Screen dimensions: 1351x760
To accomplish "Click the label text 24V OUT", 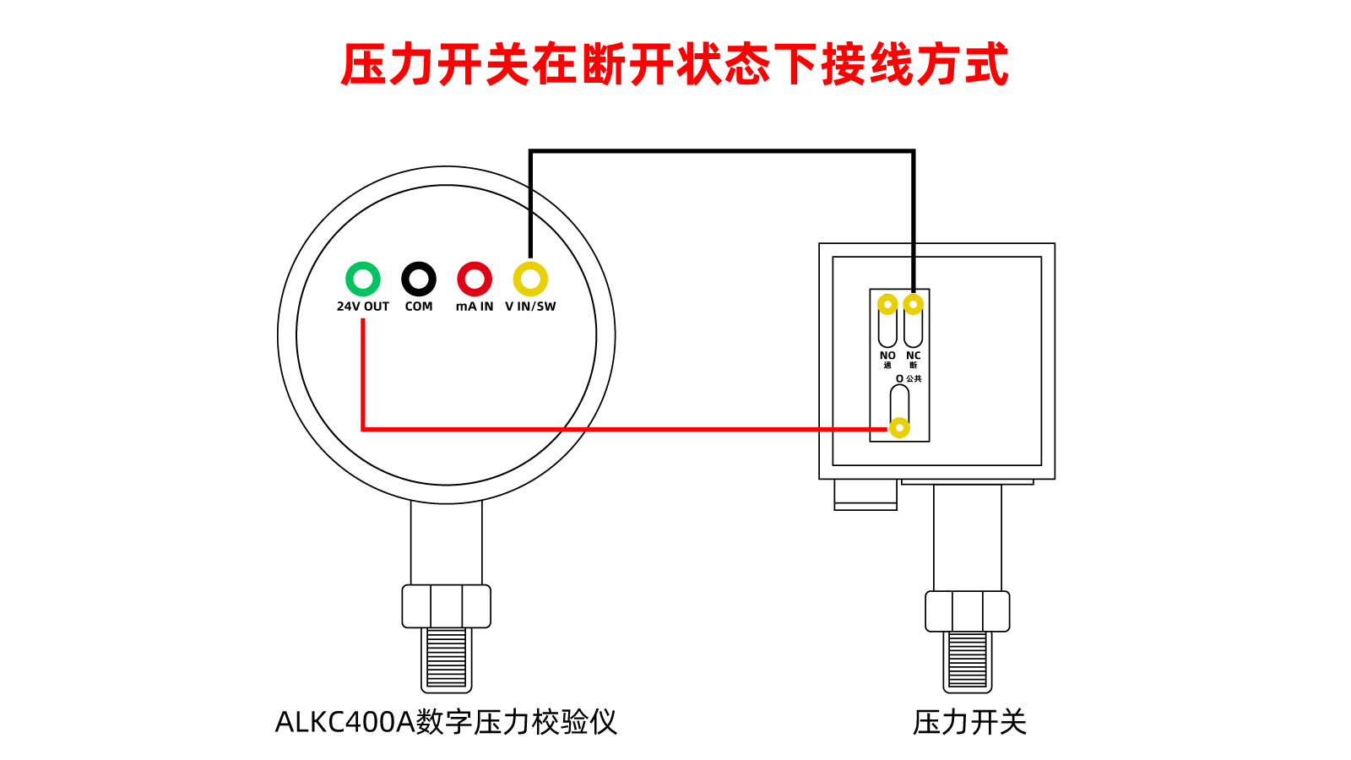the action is point(363,307).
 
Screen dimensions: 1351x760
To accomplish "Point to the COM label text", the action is point(419,307).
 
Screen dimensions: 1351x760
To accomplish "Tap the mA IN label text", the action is point(475,307).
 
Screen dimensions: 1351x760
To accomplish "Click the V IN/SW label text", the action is point(531,307).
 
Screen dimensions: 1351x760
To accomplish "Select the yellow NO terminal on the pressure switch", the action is point(887,304).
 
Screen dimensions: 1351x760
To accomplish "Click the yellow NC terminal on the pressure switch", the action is point(914,304).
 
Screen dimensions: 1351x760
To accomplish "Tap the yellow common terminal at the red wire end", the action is point(899,427).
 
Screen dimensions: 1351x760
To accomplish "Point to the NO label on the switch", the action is point(887,356).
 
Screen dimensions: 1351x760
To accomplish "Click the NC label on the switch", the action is point(914,356).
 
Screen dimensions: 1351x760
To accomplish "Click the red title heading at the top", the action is point(675,64).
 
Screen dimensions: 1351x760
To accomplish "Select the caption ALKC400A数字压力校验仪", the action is point(447,722).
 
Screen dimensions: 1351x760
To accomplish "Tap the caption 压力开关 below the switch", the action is point(969,722).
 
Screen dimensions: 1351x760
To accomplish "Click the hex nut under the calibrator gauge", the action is point(447,606).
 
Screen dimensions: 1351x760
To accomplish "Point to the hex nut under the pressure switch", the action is point(968,611).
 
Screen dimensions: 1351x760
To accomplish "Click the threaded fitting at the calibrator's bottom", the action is point(447,660).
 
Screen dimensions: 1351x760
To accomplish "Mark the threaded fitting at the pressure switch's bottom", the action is point(968,662).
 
